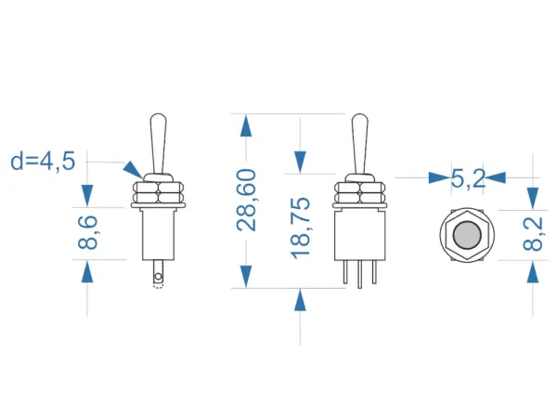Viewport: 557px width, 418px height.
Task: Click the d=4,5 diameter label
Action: pos(43,162)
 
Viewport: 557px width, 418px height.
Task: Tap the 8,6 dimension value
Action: pos(88,232)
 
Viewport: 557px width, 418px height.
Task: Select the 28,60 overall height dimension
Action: pos(246,201)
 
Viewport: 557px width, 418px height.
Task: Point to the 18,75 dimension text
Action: pos(300,228)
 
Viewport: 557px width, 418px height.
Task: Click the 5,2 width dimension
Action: pos(468,178)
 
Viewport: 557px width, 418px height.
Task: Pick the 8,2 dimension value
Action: pos(533,234)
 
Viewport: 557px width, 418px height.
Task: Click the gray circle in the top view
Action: pos(467,235)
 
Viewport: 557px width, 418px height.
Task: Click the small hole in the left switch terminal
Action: pos(158,277)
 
